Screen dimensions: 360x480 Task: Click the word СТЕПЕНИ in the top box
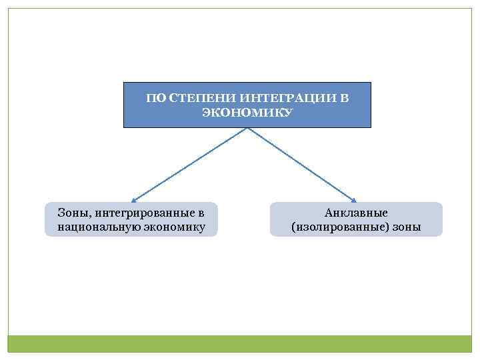pos(194,99)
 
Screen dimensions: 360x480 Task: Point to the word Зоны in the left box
pos(70,213)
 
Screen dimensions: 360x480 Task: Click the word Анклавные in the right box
pos(356,213)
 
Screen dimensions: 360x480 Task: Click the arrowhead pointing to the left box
pos(134,199)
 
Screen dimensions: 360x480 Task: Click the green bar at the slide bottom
pos(240,343)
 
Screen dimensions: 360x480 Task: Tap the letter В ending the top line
pos(344,99)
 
